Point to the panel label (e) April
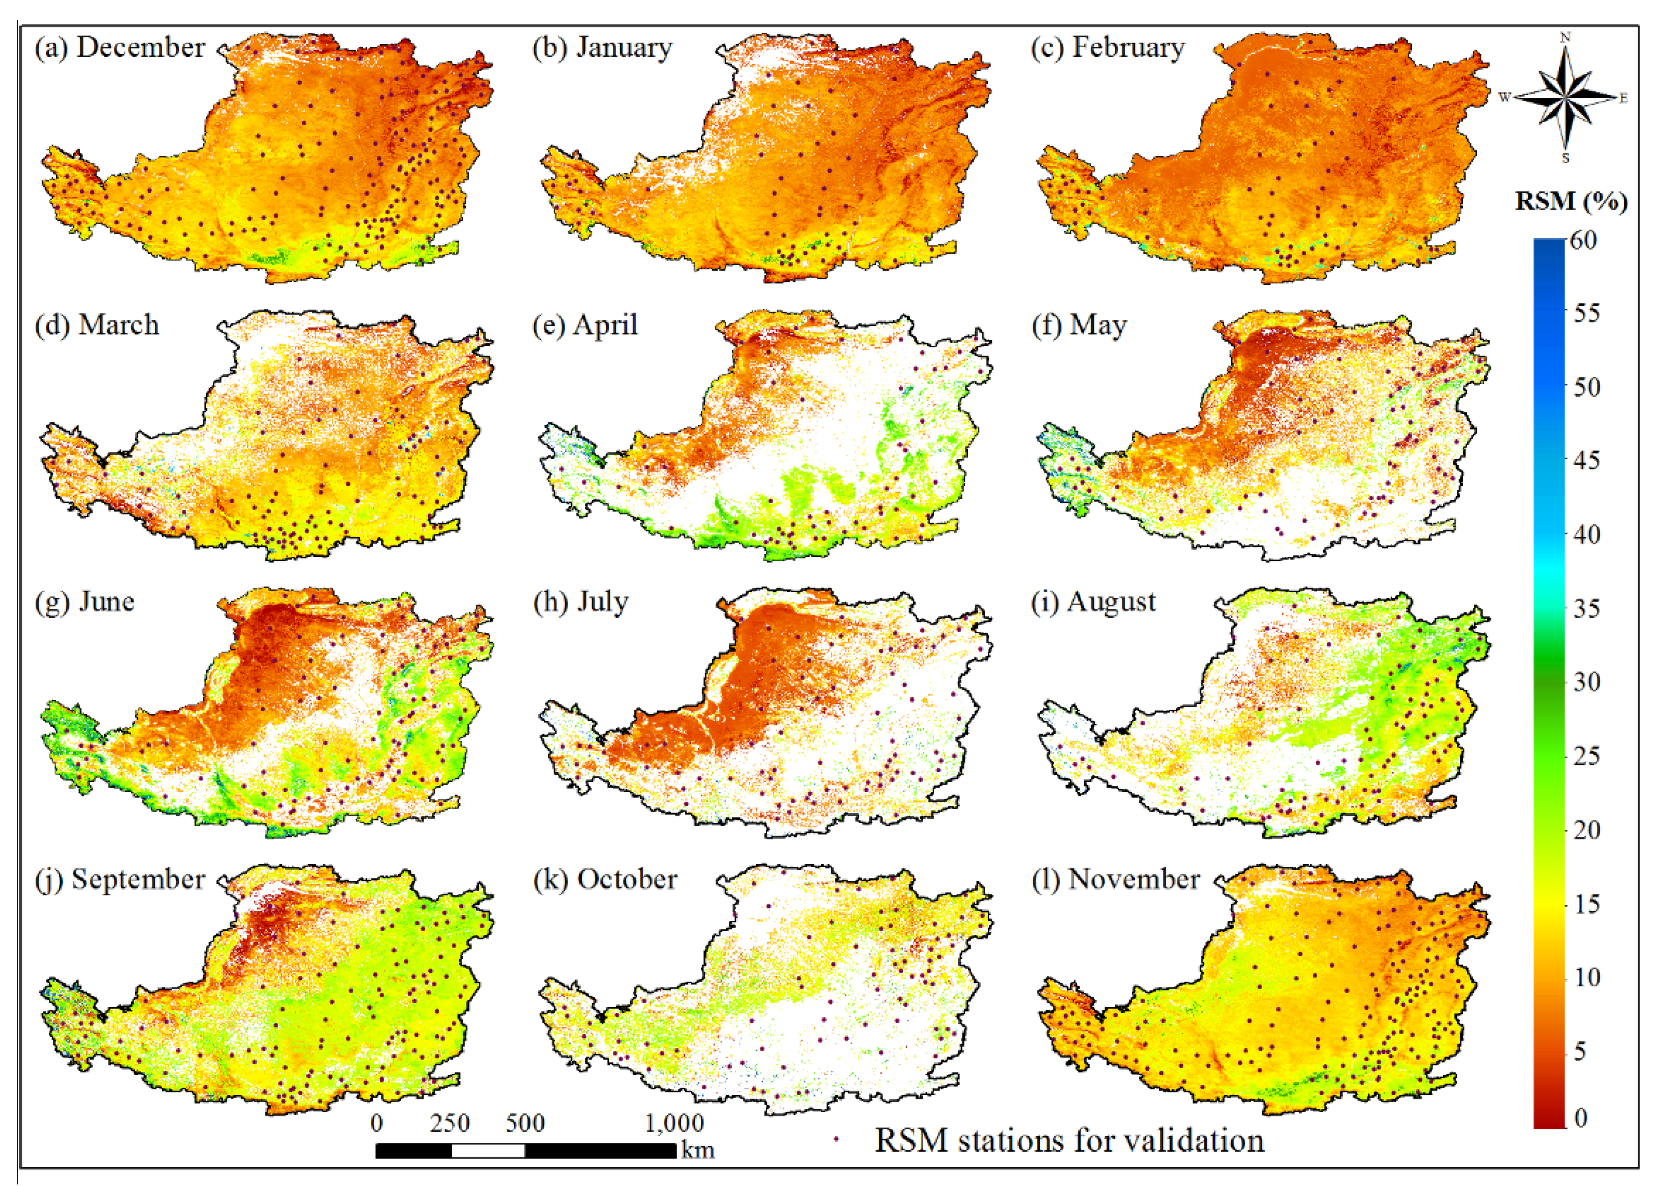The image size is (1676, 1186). pyautogui.click(x=585, y=325)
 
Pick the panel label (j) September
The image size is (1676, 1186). pyautogui.click(x=120, y=879)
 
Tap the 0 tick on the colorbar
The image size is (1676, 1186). pyautogui.click(x=1580, y=1118)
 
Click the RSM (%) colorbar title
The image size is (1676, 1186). pyautogui.click(x=1571, y=201)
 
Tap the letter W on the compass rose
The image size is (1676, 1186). pyautogui.click(x=1504, y=97)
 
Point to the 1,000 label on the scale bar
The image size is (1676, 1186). pyautogui.click(x=674, y=1123)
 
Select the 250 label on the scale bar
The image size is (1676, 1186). pyautogui.click(x=450, y=1123)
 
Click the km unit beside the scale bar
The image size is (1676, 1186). pyautogui.click(x=698, y=1151)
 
